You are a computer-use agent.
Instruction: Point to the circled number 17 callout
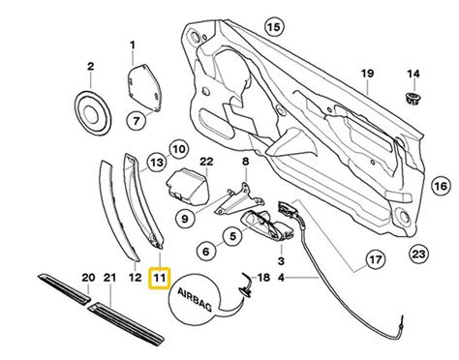coord(374,260)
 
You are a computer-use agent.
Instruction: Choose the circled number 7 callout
coord(136,120)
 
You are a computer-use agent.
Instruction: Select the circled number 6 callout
coord(207,251)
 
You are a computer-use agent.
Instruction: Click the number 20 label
coord(88,279)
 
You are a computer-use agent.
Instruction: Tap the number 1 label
coord(134,45)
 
